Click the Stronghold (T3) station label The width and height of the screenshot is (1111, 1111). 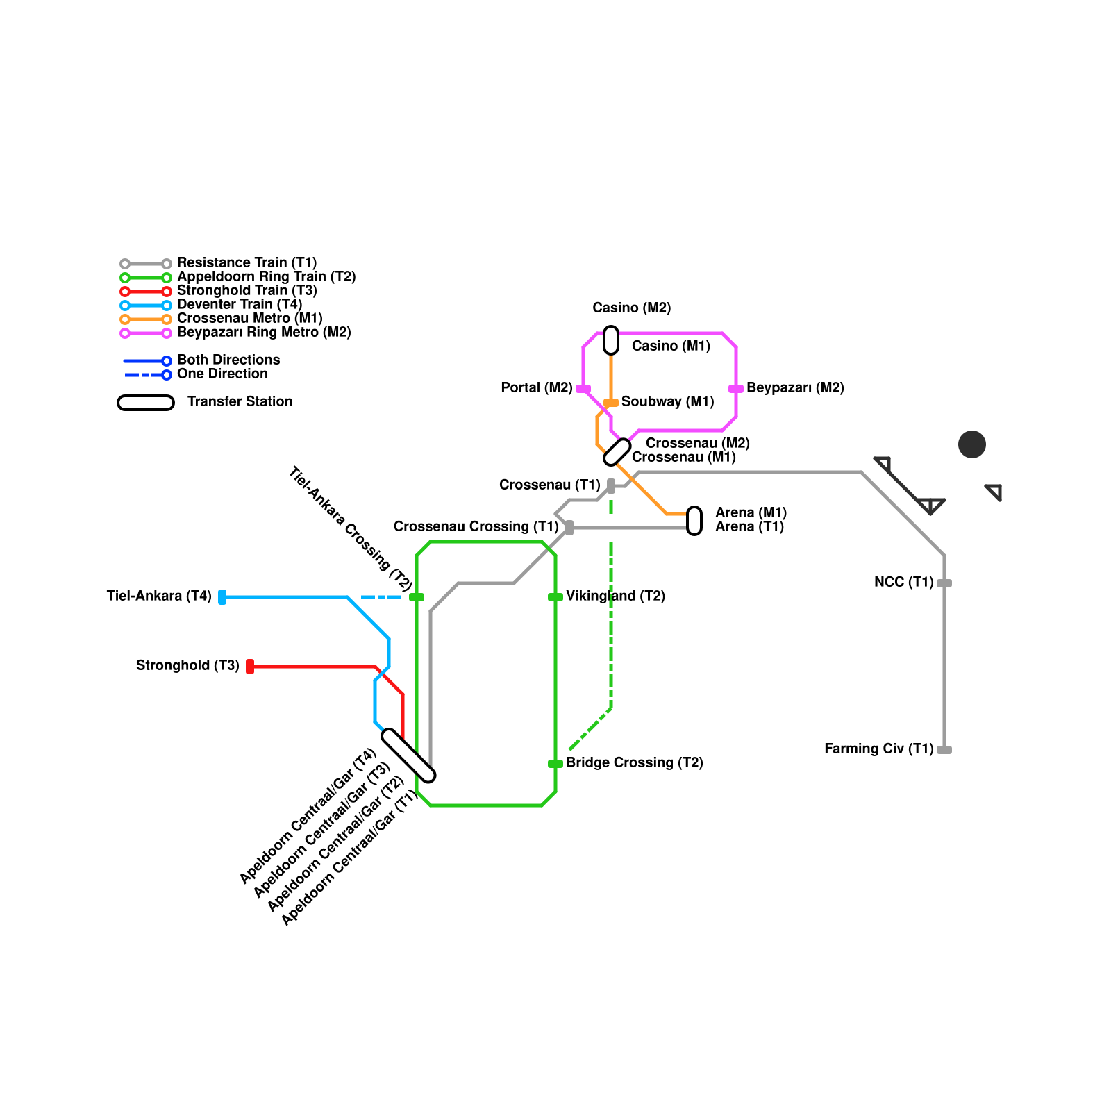pyautogui.click(x=187, y=666)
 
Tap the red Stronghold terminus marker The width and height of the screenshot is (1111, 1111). pyautogui.click(x=250, y=667)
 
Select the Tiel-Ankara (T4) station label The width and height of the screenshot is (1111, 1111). pyautogui.click(x=159, y=596)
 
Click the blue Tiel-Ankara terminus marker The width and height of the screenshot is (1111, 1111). pyautogui.click(x=222, y=597)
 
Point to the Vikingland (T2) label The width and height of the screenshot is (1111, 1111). pyautogui.click(x=615, y=596)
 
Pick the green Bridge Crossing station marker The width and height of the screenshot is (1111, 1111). pyautogui.click(x=555, y=764)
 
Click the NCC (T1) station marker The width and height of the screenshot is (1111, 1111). pyautogui.click(x=944, y=583)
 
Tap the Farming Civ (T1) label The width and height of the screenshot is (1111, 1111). pyautogui.click(x=878, y=749)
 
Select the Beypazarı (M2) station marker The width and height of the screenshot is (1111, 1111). pyautogui.click(x=736, y=389)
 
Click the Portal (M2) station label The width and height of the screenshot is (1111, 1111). pyautogui.click(x=536, y=388)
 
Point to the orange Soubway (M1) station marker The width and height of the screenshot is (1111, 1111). pyautogui.click(x=611, y=403)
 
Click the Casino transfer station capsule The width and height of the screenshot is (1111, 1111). pyautogui.click(x=611, y=340)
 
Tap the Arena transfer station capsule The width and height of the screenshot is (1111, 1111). pyautogui.click(x=694, y=521)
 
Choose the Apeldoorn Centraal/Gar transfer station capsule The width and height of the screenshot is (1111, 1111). pyautogui.click(x=409, y=755)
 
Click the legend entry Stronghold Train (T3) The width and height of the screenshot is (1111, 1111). pyautogui.click(x=247, y=291)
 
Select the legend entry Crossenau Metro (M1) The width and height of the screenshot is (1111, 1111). pyautogui.click(x=249, y=319)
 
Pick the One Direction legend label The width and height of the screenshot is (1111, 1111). pyautogui.click(x=222, y=374)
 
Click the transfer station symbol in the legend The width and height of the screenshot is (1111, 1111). pyautogui.click(x=146, y=403)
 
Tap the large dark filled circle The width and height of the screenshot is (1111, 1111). pyautogui.click(x=972, y=444)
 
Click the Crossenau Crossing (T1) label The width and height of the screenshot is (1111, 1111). pyautogui.click(x=476, y=527)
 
